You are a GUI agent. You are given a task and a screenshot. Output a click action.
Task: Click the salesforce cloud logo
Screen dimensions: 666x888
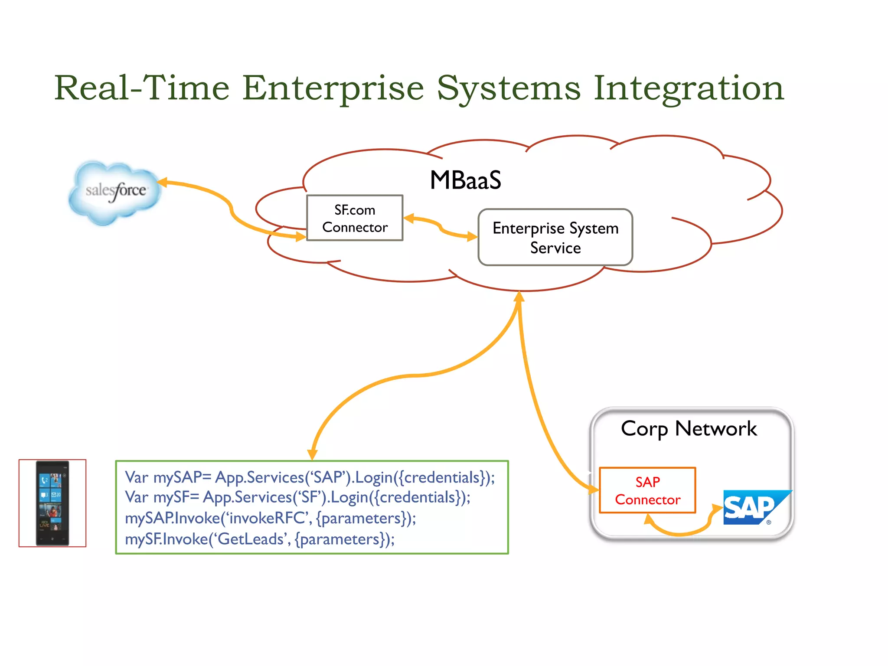[115, 192]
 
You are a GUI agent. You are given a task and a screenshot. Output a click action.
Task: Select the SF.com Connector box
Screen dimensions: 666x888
[355, 218]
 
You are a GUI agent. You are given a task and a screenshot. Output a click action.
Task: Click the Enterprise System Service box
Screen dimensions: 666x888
[555, 238]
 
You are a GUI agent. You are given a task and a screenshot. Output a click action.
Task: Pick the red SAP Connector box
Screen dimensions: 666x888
[647, 490]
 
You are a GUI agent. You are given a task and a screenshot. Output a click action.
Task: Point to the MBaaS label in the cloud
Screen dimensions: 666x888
[465, 180]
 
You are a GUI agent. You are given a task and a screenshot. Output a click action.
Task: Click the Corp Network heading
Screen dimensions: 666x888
[689, 429]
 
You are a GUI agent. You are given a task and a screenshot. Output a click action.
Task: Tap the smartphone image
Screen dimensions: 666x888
[52, 503]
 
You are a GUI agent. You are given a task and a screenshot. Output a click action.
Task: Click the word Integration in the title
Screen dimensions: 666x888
[689, 88]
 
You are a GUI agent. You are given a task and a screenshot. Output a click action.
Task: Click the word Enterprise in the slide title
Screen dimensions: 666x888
[333, 88]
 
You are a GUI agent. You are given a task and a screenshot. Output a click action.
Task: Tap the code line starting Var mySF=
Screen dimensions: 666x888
[297, 497]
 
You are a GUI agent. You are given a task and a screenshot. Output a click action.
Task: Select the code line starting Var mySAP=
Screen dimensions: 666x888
[310, 477]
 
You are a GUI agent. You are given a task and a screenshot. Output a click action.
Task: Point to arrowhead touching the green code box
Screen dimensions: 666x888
[312, 454]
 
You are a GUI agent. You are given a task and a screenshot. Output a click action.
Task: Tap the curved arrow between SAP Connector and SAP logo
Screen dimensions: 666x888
[681, 531]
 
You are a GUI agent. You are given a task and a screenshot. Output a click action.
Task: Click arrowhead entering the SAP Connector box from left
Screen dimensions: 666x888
[593, 489]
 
